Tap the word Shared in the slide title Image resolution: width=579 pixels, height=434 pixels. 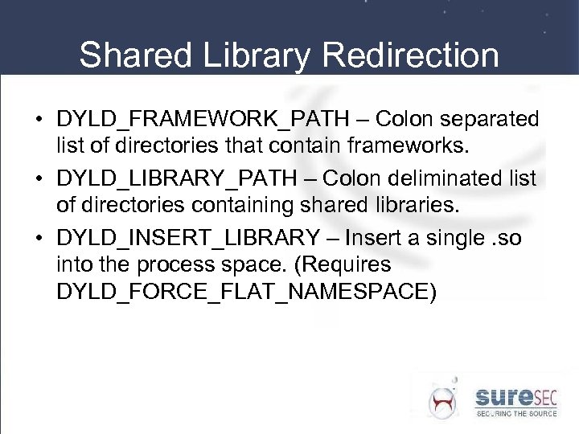133,55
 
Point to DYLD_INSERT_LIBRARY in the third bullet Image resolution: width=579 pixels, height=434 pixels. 188,238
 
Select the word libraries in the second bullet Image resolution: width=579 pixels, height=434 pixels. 419,206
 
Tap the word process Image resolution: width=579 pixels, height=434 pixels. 186,265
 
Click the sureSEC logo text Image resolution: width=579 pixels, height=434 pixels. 514,395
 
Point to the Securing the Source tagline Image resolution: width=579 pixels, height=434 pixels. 515,413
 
